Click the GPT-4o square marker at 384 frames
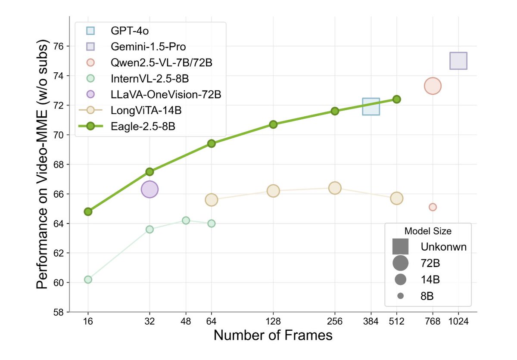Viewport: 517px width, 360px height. [371, 106]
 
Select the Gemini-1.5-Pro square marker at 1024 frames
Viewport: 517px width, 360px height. [458, 61]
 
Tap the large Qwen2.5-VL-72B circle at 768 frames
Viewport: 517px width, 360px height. [433, 86]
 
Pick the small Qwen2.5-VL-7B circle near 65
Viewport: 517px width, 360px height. [433, 207]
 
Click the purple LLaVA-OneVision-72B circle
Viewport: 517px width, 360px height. [149, 189]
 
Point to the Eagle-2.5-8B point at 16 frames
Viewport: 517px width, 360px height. [88, 211]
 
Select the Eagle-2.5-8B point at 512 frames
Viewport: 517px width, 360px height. [397, 99]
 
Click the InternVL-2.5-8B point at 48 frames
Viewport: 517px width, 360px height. [186, 220]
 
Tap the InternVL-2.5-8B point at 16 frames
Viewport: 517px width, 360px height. [88, 279]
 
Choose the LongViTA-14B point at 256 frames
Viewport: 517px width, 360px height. [335, 188]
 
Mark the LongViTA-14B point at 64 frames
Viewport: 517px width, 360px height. [211, 199]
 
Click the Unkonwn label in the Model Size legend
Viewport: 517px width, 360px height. [444, 247]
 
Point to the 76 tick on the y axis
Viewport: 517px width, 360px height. [59, 46]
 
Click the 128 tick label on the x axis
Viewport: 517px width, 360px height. [273, 321]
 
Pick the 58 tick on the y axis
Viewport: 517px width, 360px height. [59, 312]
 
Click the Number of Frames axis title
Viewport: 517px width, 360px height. [273, 336]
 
